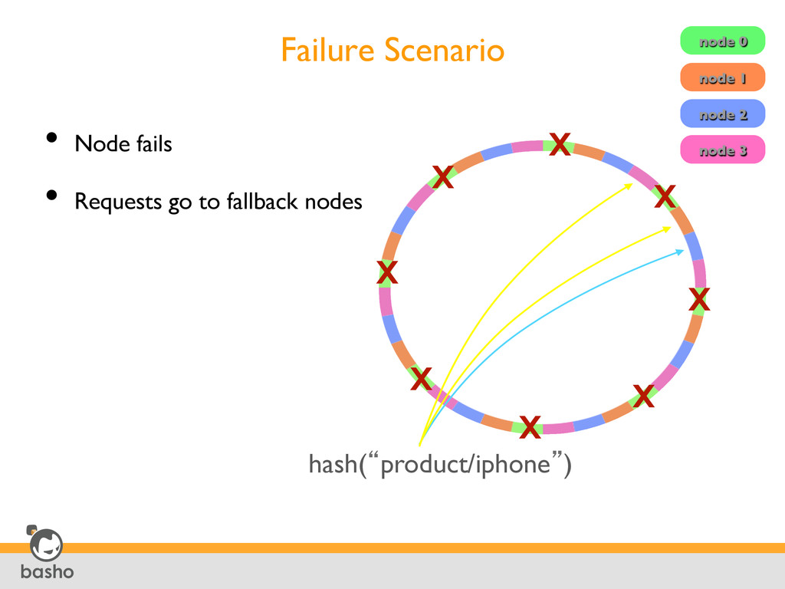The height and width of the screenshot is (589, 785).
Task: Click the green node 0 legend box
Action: tap(722, 41)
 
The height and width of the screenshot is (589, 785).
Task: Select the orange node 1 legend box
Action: tap(722, 77)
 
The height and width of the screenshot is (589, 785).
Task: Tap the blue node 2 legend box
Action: tap(722, 114)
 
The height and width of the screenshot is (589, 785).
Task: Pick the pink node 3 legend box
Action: tap(722, 150)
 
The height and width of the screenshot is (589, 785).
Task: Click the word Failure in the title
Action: tap(328, 51)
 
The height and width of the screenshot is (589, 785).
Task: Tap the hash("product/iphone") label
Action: tap(439, 464)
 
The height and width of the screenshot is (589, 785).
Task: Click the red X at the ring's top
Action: tap(560, 143)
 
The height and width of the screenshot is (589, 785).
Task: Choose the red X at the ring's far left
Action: tap(387, 271)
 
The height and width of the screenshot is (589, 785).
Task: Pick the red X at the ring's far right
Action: tap(698, 300)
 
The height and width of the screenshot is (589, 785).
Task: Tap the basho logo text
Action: tap(47, 571)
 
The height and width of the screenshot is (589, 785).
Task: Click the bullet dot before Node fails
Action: tap(51, 138)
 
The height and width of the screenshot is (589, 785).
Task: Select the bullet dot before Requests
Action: tap(51, 196)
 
